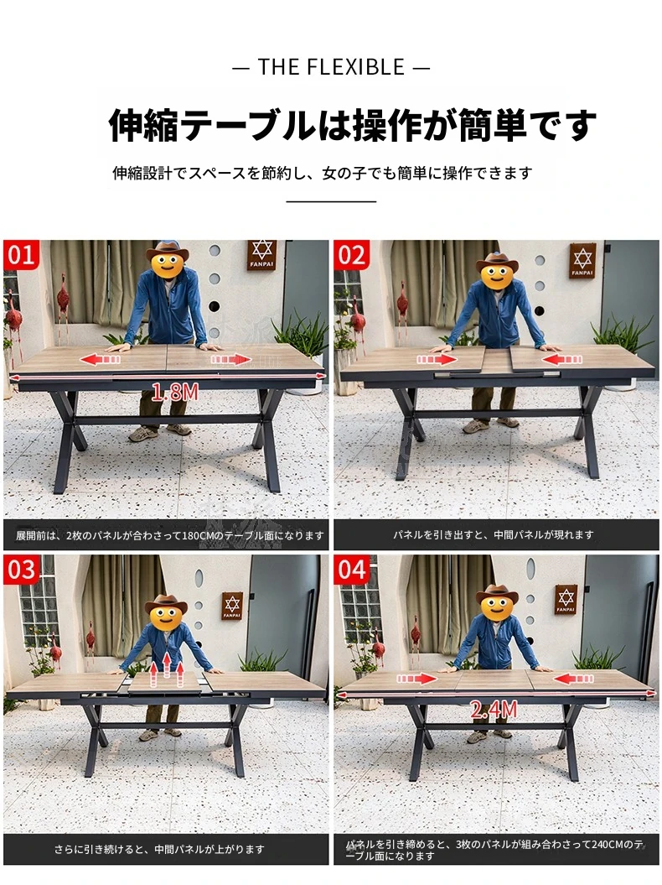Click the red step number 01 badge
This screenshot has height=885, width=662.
click(21, 254)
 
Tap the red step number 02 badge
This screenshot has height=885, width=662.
click(352, 254)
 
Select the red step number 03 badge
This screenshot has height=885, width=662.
click(21, 569)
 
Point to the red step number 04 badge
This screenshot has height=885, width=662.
click(352, 569)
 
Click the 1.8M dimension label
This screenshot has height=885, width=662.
click(175, 392)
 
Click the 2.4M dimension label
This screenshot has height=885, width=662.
click(494, 710)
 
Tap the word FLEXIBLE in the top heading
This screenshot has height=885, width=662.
click(356, 67)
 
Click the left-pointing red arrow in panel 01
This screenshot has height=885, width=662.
click(102, 359)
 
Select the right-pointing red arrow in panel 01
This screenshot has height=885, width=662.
click(230, 360)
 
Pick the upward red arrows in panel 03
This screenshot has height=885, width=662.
click(167, 669)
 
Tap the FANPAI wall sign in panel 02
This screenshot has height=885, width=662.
click(582, 261)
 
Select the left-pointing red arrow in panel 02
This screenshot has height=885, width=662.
click(561, 359)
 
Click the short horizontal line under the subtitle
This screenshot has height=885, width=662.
click(331, 201)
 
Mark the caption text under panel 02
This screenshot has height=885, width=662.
click(494, 534)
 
